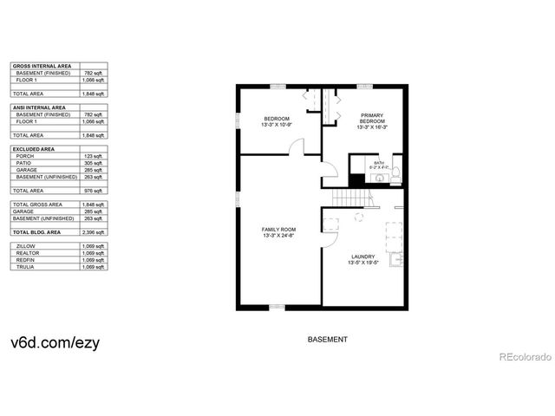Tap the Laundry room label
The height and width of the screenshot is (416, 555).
point(363,256)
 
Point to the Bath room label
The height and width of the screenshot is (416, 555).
point(378,162)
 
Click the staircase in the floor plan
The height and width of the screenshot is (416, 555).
point(355,199)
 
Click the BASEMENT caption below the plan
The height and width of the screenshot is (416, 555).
point(328,340)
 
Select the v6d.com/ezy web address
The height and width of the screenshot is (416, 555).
point(55,341)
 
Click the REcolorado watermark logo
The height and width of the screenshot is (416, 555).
point(523,357)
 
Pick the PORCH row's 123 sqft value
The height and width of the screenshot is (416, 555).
point(94,156)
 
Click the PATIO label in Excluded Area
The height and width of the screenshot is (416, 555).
point(23,163)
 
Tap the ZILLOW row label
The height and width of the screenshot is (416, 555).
point(26,246)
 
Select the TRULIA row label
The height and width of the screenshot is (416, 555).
point(25,267)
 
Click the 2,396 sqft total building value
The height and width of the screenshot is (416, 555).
point(94,232)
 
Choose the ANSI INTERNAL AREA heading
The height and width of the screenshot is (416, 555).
point(38,107)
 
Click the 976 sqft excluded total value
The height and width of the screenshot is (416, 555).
point(94,191)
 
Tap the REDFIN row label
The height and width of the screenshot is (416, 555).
point(25,260)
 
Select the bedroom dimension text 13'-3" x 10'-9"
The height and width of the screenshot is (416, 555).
point(277,124)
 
